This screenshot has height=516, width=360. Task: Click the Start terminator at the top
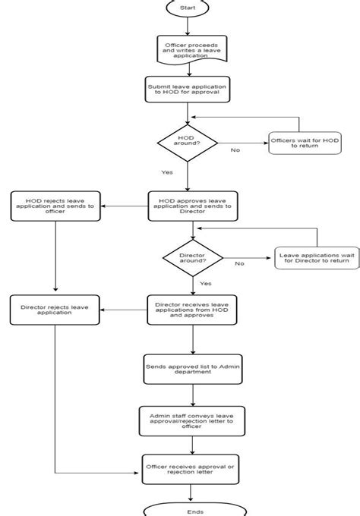point(187,7)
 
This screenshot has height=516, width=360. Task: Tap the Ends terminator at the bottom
point(194,510)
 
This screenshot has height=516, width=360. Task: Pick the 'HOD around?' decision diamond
point(187,142)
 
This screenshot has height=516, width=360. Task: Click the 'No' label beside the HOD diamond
point(235,150)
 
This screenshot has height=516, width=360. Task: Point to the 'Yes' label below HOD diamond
point(167,172)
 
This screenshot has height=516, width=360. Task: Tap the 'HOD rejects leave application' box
point(55,206)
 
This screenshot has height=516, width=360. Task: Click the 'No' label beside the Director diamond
point(239,264)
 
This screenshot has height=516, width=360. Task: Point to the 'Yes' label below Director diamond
point(205,283)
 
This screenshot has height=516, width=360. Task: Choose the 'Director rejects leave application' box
point(55,310)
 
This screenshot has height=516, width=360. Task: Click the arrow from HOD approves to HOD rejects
point(125,206)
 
